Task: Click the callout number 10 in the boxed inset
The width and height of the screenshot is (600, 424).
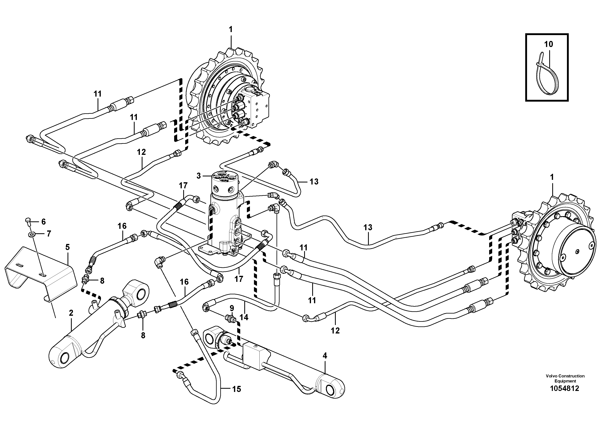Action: click(x=549, y=44)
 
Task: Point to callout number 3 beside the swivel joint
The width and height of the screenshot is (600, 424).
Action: click(x=199, y=176)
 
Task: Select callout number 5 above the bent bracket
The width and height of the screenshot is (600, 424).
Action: click(x=68, y=247)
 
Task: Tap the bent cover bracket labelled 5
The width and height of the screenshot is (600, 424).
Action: click(x=42, y=274)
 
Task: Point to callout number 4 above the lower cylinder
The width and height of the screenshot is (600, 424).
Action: click(x=325, y=355)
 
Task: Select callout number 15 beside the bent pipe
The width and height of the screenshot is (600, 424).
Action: click(x=236, y=389)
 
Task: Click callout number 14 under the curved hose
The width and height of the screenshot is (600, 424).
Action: click(x=244, y=317)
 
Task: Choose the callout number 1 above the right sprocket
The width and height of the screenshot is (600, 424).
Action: click(x=552, y=177)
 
